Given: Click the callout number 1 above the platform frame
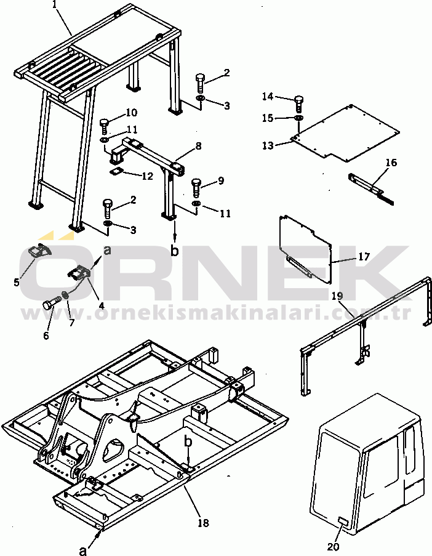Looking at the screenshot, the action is click(x=55, y=5).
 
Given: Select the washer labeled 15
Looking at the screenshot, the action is click(x=298, y=118).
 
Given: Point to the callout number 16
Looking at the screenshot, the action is click(x=391, y=163).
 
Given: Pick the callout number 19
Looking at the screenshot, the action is click(x=337, y=296).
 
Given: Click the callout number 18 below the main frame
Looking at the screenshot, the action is click(x=204, y=522).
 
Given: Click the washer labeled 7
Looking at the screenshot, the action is click(x=65, y=294).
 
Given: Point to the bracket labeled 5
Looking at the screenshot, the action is click(x=39, y=251).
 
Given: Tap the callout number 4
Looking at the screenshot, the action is click(x=102, y=305).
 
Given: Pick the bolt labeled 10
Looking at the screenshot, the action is click(x=105, y=126).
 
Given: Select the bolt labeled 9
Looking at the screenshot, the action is click(x=196, y=187).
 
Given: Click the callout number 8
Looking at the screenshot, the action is click(x=198, y=146).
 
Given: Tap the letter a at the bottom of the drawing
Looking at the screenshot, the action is click(x=83, y=550).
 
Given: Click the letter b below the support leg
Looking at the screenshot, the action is click(x=174, y=251).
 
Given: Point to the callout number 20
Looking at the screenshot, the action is click(x=333, y=547).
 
